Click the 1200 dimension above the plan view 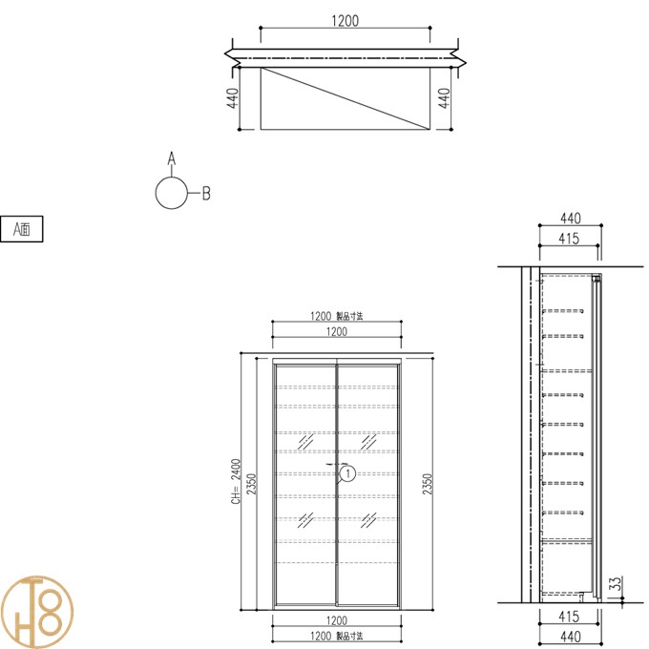345,21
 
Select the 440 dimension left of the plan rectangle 233,98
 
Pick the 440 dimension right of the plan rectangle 444,98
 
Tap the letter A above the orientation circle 172,158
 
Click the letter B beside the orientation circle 206,194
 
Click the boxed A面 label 22,229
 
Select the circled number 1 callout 347,473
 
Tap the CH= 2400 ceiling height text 236,481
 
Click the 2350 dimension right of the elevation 428,484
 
